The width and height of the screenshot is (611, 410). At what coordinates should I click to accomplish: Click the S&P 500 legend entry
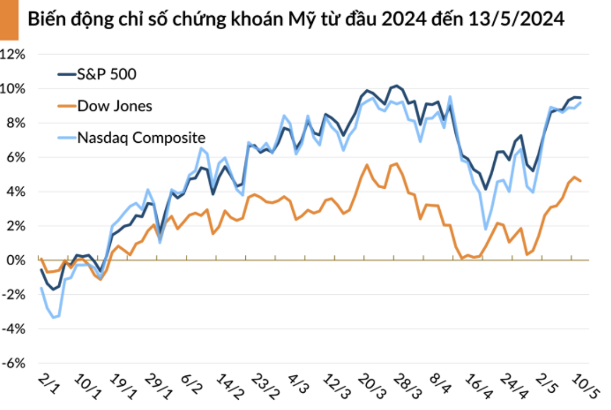coord(107,74)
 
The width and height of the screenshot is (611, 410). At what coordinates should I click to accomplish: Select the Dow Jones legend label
coord(115,105)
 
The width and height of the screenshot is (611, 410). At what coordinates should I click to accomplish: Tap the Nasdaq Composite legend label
coord(141,137)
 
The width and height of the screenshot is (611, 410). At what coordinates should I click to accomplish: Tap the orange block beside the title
coord(9,20)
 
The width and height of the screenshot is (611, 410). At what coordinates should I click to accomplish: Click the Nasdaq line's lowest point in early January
coord(53,318)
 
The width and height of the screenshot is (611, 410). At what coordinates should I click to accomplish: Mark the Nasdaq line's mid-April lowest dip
coord(486,229)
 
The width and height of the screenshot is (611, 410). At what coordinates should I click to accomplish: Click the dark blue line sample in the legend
coord(66,74)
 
